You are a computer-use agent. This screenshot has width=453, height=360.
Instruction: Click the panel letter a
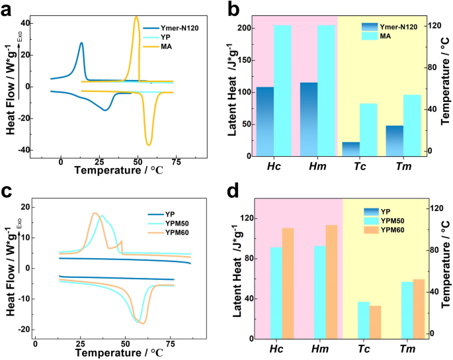tap(9, 9)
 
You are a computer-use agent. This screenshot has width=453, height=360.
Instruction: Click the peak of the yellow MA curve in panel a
tap(136, 17)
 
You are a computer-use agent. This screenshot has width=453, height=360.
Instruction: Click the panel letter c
tap(9, 191)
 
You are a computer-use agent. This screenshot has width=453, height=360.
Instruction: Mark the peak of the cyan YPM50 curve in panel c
tap(102, 216)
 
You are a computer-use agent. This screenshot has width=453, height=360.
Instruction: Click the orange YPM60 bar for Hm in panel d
tap(331, 281)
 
